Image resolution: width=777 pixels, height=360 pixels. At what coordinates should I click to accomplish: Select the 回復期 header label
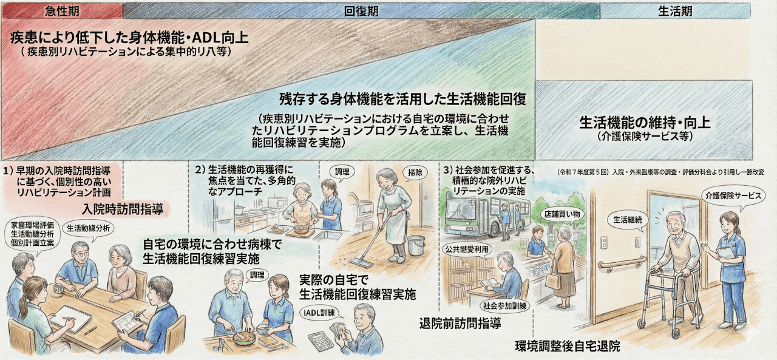(x=361, y=11)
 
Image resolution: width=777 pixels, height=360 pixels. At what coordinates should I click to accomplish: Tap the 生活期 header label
(x=674, y=11)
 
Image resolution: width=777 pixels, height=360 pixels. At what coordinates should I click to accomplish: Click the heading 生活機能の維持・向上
(x=645, y=121)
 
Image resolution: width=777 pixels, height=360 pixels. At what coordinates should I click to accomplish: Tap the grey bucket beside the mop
(x=416, y=245)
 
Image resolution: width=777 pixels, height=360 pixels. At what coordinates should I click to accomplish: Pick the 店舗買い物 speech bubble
(x=562, y=214)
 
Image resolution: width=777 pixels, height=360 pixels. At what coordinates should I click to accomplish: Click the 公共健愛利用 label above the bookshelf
(x=467, y=249)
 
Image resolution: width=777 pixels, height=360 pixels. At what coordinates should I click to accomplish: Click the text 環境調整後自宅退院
(x=568, y=347)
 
